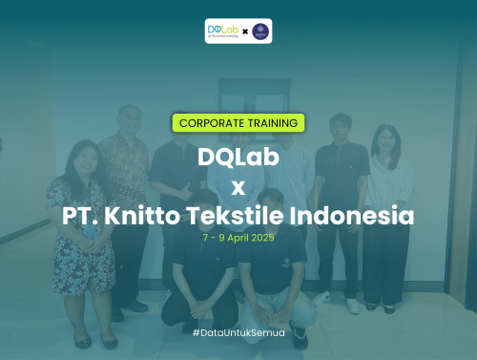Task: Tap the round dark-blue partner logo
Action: (x=259, y=31)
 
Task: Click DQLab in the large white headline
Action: (x=238, y=157)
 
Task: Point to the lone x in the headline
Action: (x=238, y=187)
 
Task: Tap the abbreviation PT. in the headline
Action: (x=81, y=216)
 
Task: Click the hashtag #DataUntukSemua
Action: (x=238, y=330)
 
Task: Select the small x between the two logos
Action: (x=245, y=31)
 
